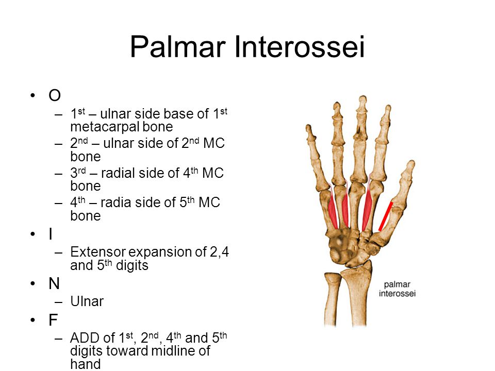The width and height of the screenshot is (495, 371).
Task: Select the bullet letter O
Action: click(54, 96)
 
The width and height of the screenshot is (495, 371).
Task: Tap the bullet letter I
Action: click(51, 235)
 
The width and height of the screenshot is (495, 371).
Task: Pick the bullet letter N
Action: click(54, 284)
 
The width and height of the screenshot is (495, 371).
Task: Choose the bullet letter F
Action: click(53, 321)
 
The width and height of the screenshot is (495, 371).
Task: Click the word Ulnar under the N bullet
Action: click(87, 302)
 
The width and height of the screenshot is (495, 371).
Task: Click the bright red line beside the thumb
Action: click(385, 217)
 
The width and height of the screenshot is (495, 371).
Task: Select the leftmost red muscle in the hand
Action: click(333, 211)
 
